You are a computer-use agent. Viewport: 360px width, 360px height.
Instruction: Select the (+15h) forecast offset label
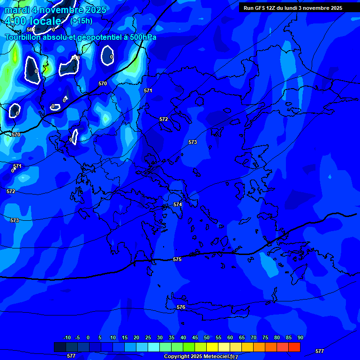point(81,21)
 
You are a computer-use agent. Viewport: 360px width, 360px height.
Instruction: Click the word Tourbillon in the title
point(23,37)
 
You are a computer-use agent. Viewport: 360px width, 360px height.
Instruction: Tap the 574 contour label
point(178,204)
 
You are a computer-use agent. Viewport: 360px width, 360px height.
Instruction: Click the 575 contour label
point(177,259)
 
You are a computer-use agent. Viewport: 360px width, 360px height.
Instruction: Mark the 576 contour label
point(181,307)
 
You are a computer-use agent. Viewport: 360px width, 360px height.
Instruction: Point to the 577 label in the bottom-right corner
point(319,351)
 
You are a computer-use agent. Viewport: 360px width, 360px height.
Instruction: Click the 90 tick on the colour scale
point(300,338)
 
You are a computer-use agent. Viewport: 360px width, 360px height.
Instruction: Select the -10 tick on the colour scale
point(67,338)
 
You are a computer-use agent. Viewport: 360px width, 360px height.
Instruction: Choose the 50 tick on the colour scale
point(207,338)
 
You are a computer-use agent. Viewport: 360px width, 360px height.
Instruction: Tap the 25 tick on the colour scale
point(148,338)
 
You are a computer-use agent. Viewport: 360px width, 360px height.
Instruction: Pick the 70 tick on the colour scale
point(254,338)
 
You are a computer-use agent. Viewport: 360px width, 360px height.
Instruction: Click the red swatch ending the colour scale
point(294,347)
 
